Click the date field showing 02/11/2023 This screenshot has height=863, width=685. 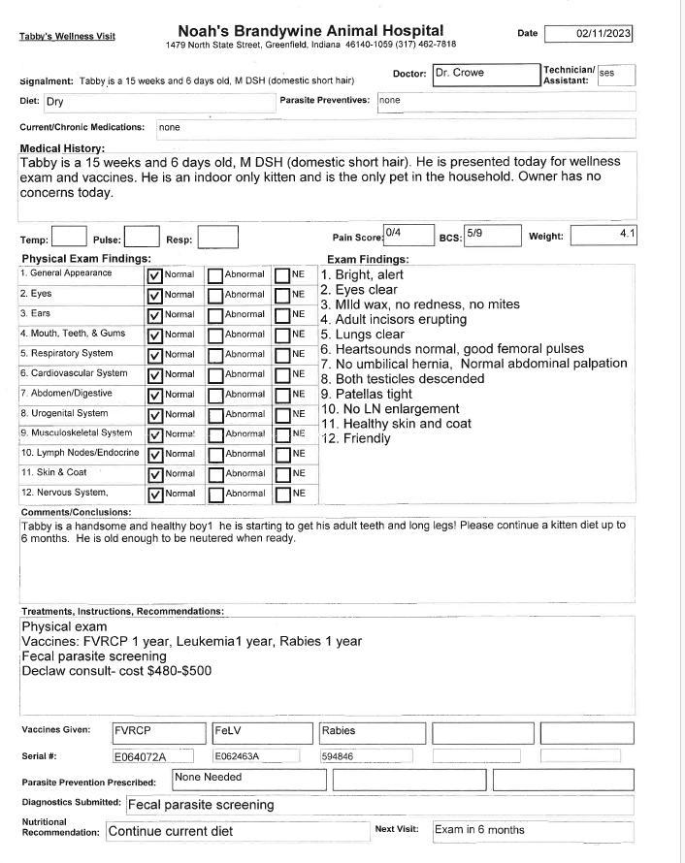coord(589,34)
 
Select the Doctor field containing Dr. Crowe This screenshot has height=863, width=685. coord(485,74)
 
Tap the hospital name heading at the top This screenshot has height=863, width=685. coord(310,31)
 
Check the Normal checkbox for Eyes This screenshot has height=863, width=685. coord(154,295)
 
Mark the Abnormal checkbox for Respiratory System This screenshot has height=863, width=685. coord(215,355)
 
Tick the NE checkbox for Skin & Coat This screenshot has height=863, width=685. coord(282,474)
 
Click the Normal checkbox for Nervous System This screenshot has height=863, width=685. coord(154,495)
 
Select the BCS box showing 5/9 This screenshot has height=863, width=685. coord(492,235)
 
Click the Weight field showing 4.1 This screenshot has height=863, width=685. coord(603,235)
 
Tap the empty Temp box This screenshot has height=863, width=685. coord(69,236)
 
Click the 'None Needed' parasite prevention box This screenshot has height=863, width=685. coord(249,779)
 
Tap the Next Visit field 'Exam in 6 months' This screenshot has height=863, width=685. coord(532,831)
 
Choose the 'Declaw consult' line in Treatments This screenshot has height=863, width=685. coord(116,671)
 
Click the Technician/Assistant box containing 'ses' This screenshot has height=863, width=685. coord(616,75)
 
